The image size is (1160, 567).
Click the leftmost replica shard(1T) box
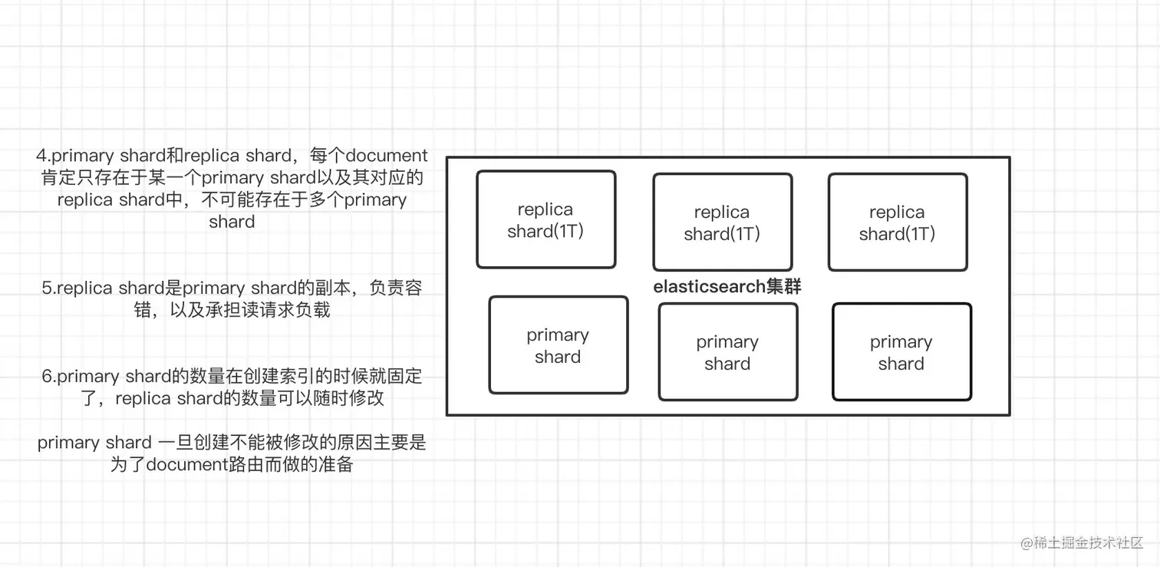coord(545,219)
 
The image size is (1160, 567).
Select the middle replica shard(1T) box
coord(722,223)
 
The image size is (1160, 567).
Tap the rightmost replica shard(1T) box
coord(897,223)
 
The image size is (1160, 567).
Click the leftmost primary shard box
coord(558,345)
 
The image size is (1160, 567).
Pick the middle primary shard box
coord(727,352)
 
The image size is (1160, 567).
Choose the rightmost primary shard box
coord(901,352)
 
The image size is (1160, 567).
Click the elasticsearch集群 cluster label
coord(727,287)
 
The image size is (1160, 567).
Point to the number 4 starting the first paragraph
coord(41,156)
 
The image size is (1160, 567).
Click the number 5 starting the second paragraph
coord(47,288)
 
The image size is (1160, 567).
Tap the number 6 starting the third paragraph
coord(47,377)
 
